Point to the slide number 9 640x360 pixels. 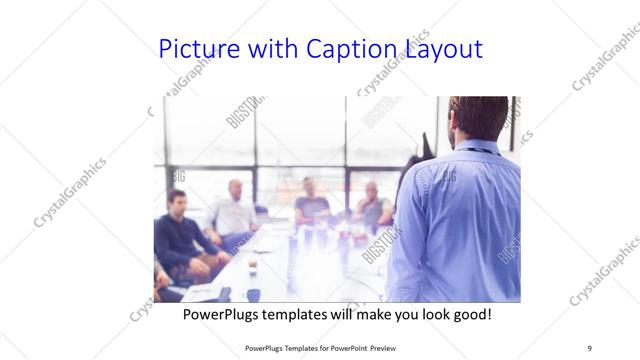[589, 347]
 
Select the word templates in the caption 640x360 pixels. [304, 313]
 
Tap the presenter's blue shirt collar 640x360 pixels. [478, 149]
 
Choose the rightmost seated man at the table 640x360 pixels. [375, 205]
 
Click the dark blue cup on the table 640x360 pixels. [253, 294]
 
